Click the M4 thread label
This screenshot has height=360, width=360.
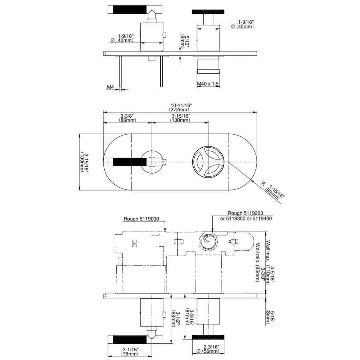[111, 87]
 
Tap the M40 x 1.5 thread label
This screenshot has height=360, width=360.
[208, 84]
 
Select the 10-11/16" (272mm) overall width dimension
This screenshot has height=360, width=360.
[181, 107]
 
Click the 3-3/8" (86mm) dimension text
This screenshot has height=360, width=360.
[127, 118]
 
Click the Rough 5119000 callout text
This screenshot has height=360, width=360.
[141, 219]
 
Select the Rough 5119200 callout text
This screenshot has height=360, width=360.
[246, 213]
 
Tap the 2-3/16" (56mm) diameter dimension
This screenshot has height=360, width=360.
[208, 349]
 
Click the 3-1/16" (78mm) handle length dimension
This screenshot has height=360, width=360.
[130, 351]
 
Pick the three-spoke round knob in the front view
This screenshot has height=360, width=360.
[208, 162]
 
